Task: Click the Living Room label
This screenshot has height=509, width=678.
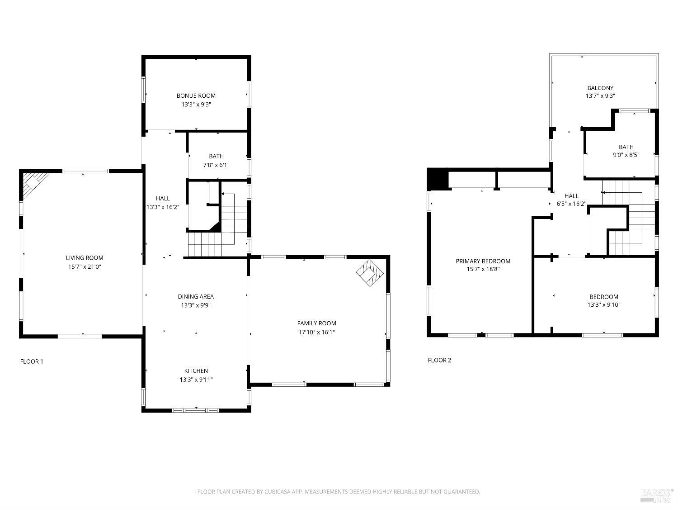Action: click(85, 258)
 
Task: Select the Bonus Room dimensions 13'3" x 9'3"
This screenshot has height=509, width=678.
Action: click(196, 105)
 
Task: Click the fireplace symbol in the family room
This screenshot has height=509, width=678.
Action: click(370, 273)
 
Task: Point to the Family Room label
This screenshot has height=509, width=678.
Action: click(316, 323)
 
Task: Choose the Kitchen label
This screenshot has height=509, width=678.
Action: click(196, 371)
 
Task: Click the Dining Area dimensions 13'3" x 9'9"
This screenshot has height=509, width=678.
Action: click(196, 305)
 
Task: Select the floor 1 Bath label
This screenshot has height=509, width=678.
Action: click(216, 156)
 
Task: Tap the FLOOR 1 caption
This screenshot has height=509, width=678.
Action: click(32, 362)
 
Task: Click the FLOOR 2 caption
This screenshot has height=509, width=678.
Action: click(439, 360)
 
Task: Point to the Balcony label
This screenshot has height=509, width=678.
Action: click(600, 88)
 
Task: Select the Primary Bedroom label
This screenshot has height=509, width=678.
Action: click(483, 261)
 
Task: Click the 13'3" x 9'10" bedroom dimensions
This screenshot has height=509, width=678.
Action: click(603, 305)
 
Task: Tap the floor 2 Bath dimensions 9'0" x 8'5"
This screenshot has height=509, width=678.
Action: click(626, 155)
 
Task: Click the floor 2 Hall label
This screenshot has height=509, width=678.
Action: click(571, 196)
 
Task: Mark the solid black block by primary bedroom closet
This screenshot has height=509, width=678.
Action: click(437, 178)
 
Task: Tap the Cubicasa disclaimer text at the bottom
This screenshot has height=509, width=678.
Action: click(339, 491)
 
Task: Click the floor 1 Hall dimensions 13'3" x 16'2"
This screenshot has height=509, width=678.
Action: click(163, 207)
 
